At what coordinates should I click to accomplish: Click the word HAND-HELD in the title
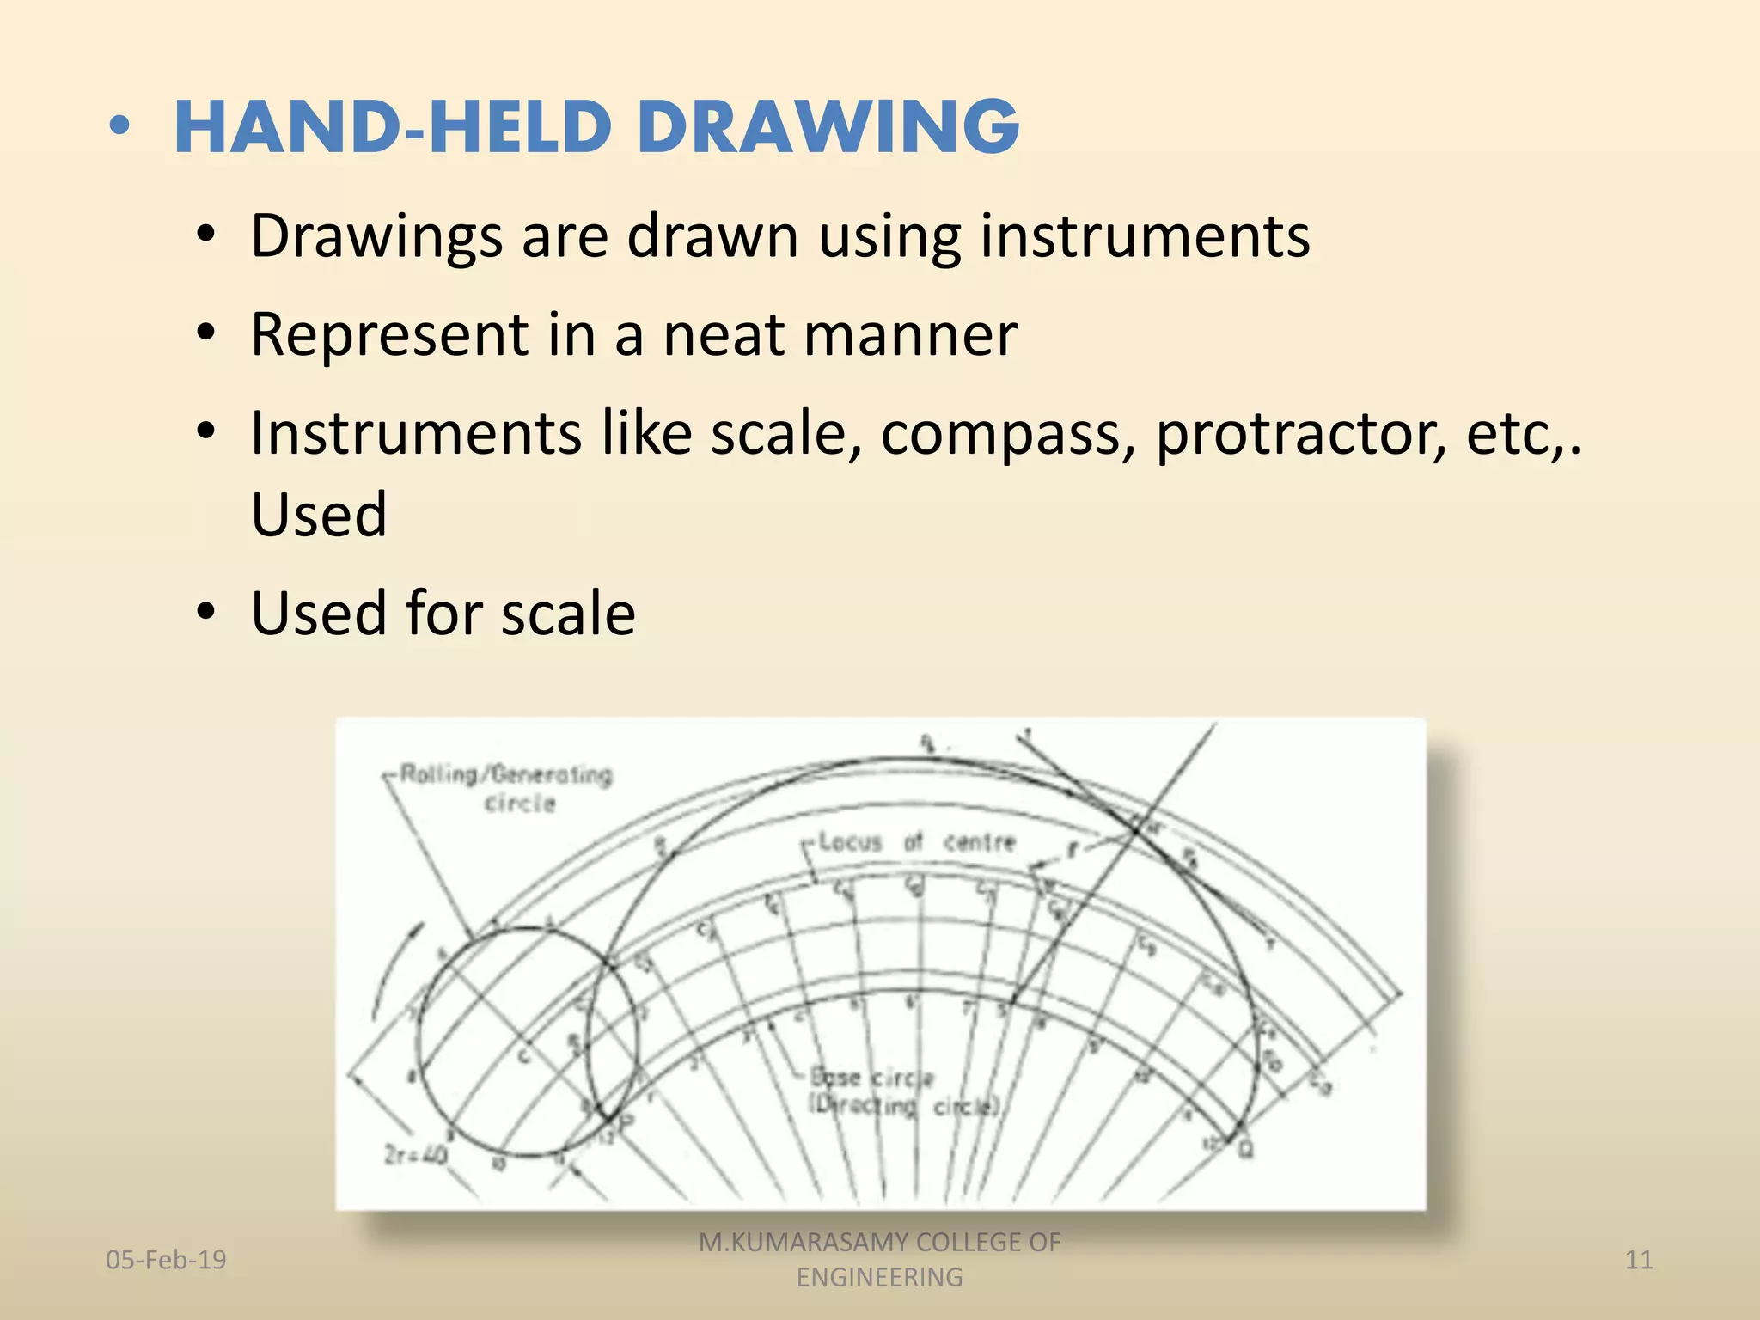pyautogui.click(x=392, y=127)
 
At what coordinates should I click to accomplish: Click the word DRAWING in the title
pyautogui.click(x=828, y=127)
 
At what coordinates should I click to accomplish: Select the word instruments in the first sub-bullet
pyautogui.click(x=1145, y=235)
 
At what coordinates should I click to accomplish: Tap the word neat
pyautogui.click(x=723, y=334)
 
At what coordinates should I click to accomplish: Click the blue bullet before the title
pyautogui.click(x=120, y=127)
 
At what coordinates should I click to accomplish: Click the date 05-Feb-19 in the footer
pyautogui.click(x=166, y=1260)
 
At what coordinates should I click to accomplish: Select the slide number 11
pyautogui.click(x=1639, y=1260)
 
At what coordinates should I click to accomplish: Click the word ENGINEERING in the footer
pyautogui.click(x=879, y=1278)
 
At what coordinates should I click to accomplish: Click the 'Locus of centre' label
pyautogui.click(x=916, y=842)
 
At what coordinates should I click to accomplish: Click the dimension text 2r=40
pyautogui.click(x=415, y=1155)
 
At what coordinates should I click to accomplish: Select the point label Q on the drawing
pyautogui.click(x=1245, y=1149)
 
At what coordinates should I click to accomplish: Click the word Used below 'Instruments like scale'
pyautogui.click(x=319, y=516)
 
